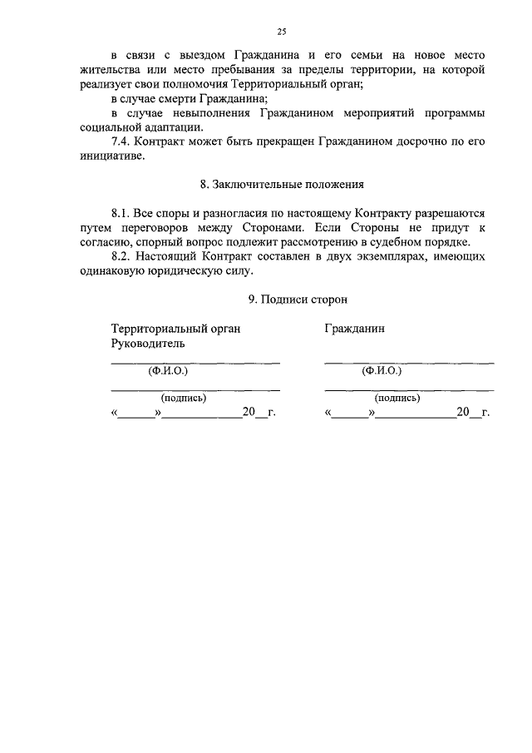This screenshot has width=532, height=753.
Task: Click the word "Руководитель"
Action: coord(148,343)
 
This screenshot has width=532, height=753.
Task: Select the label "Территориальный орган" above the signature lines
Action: coord(175,329)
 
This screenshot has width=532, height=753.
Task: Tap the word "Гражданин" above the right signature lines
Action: coord(355,329)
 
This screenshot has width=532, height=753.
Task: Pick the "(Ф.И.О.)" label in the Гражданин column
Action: coord(382,371)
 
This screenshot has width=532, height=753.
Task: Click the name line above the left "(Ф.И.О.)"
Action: coord(195,363)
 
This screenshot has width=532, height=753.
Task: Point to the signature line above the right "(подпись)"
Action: coord(408,389)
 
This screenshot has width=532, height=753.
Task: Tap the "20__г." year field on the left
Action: coord(258,412)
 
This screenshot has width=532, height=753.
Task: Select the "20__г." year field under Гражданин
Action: coord(472,412)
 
